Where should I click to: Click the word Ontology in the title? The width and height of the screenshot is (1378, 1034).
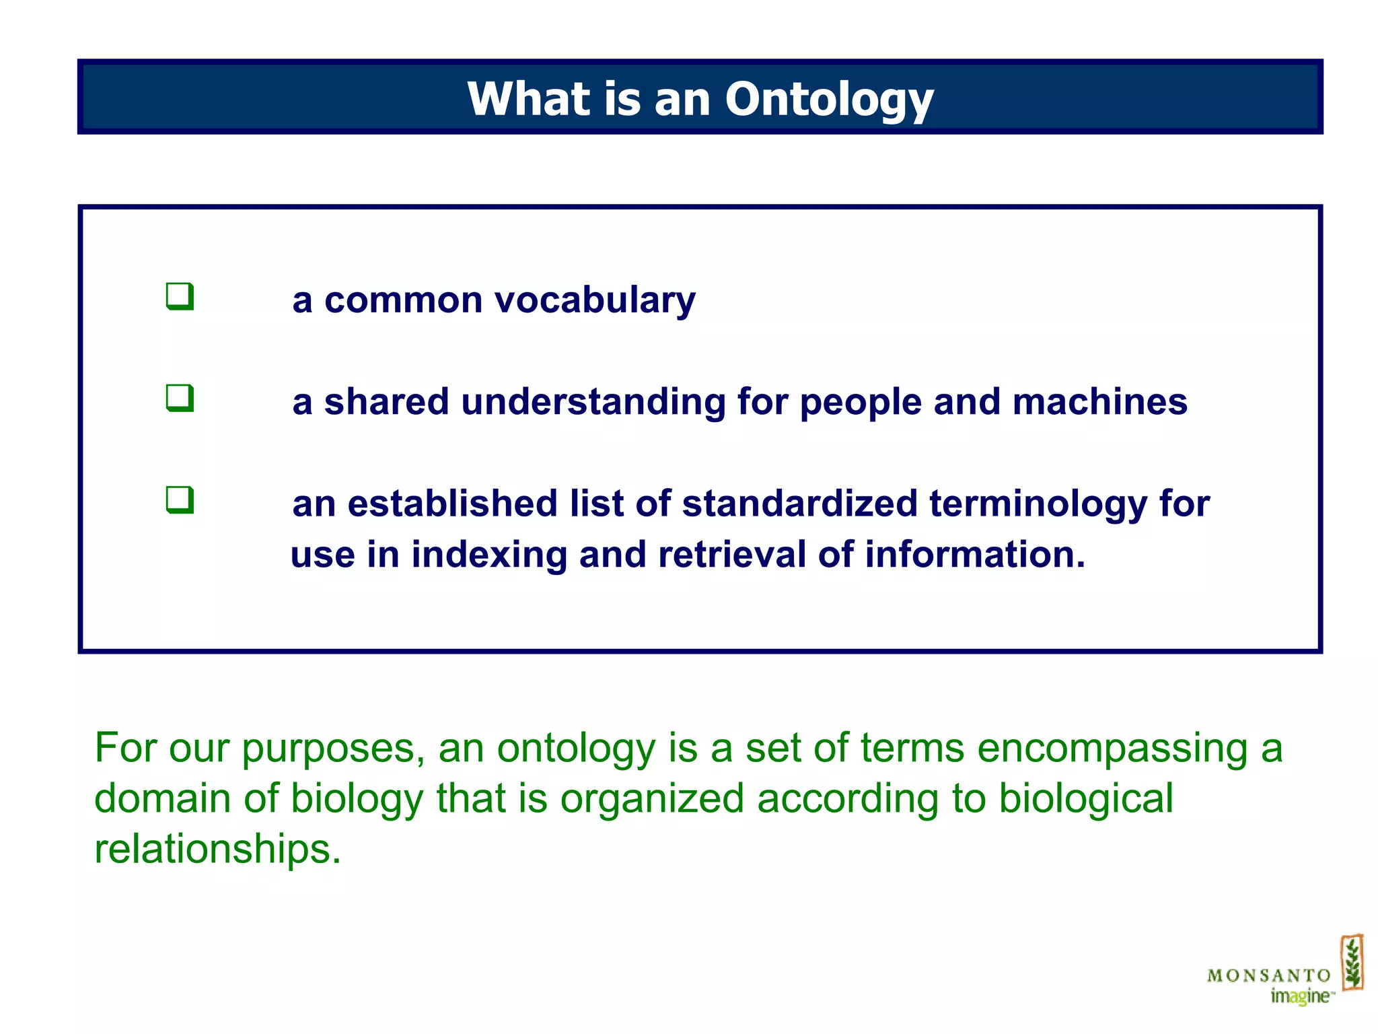click(829, 100)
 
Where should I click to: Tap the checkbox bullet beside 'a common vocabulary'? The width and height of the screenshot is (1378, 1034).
click(180, 297)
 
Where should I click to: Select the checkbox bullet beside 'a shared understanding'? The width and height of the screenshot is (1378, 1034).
click(180, 399)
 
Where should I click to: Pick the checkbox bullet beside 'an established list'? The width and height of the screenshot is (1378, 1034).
click(180, 500)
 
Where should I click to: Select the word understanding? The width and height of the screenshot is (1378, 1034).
click(593, 402)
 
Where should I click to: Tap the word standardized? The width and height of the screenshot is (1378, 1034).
click(799, 504)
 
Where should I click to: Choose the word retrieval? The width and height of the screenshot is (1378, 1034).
click(731, 554)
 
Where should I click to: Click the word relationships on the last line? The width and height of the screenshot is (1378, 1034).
click(217, 848)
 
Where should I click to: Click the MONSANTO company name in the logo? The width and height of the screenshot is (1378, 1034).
click(1268, 975)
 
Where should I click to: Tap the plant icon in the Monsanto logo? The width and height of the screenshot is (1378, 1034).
click(1352, 963)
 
